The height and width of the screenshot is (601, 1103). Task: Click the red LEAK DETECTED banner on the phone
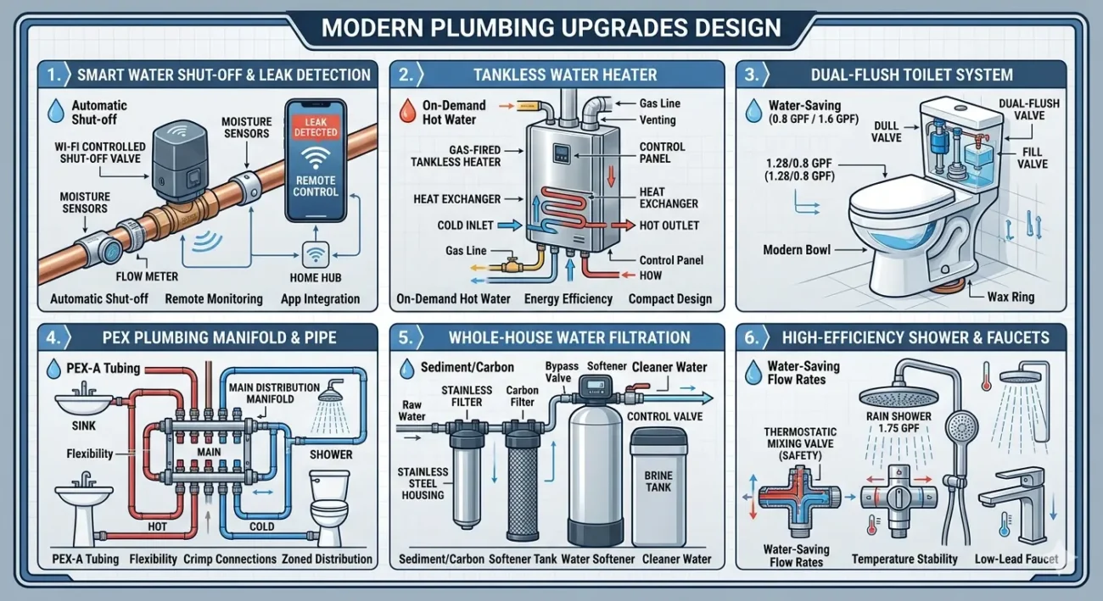316,127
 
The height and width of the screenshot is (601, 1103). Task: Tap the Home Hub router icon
316,254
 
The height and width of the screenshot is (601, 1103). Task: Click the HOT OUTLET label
670,225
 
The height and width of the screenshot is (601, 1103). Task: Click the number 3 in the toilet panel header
749,74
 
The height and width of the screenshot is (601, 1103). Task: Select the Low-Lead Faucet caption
1016,559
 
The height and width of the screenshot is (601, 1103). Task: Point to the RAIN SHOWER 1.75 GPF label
899,422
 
